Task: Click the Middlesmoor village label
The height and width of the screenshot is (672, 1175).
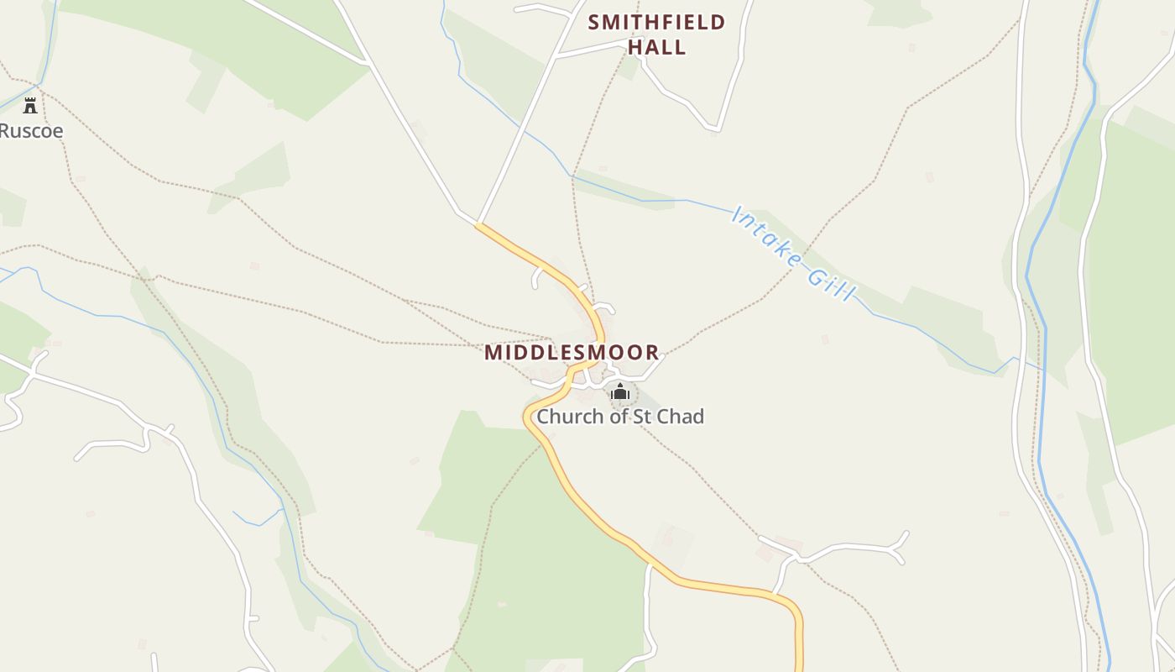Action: pyautogui.click(x=572, y=352)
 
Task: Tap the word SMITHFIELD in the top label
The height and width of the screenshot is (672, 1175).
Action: pyautogui.click(x=656, y=22)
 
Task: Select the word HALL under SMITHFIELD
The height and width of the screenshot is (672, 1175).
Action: pyautogui.click(x=657, y=47)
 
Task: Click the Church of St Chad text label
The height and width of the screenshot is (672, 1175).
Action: pyautogui.click(x=620, y=416)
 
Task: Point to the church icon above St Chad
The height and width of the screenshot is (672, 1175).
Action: pyautogui.click(x=620, y=391)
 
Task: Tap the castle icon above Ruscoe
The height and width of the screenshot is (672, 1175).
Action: pyautogui.click(x=30, y=106)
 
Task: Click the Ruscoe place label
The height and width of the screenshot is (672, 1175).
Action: pyautogui.click(x=31, y=131)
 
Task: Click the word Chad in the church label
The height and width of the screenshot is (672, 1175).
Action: pyautogui.click(x=681, y=416)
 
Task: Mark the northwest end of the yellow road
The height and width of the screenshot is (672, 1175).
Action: pyautogui.click(x=478, y=224)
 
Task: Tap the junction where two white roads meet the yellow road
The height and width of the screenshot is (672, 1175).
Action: pyautogui.click(x=477, y=223)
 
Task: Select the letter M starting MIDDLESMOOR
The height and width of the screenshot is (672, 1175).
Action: pyautogui.click(x=493, y=352)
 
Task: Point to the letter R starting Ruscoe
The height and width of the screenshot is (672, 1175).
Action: pyautogui.click(x=5, y=131)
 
